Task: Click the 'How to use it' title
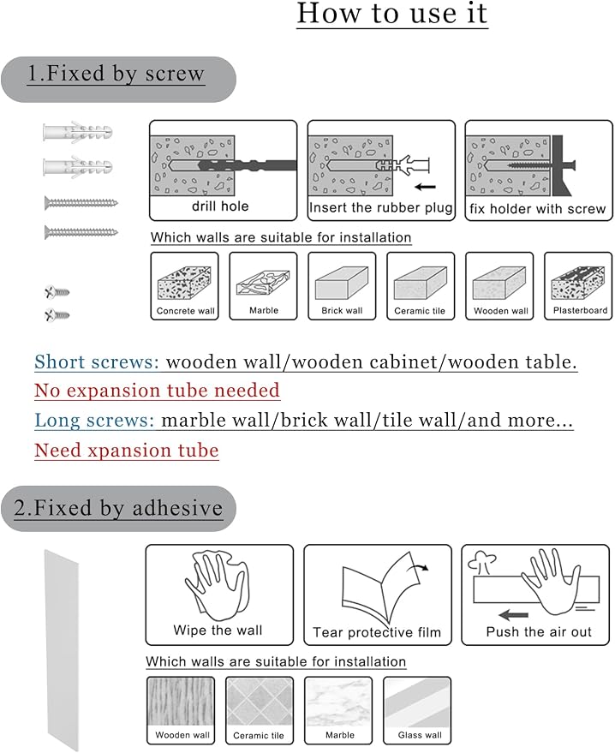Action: [x=391, y=14]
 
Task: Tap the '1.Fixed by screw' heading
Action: [x=116, y=74]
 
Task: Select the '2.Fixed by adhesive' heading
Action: [x=118, y=508]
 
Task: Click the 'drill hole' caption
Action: [x=220, y=206]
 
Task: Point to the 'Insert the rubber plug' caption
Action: [x=380, y=207]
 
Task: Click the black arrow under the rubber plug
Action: [x=426, y=187]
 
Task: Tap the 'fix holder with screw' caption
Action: [x=538, y=208]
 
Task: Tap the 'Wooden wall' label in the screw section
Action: [x=501, y=311]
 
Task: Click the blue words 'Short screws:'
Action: [x=97, y=362]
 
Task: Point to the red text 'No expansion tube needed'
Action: [x=157, y=391]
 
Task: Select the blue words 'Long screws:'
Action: [x=94, y=421]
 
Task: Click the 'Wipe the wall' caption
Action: [x=218, y=630]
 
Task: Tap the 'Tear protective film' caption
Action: [x=377, y=632]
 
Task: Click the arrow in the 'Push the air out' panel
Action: [x=513, y=615]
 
